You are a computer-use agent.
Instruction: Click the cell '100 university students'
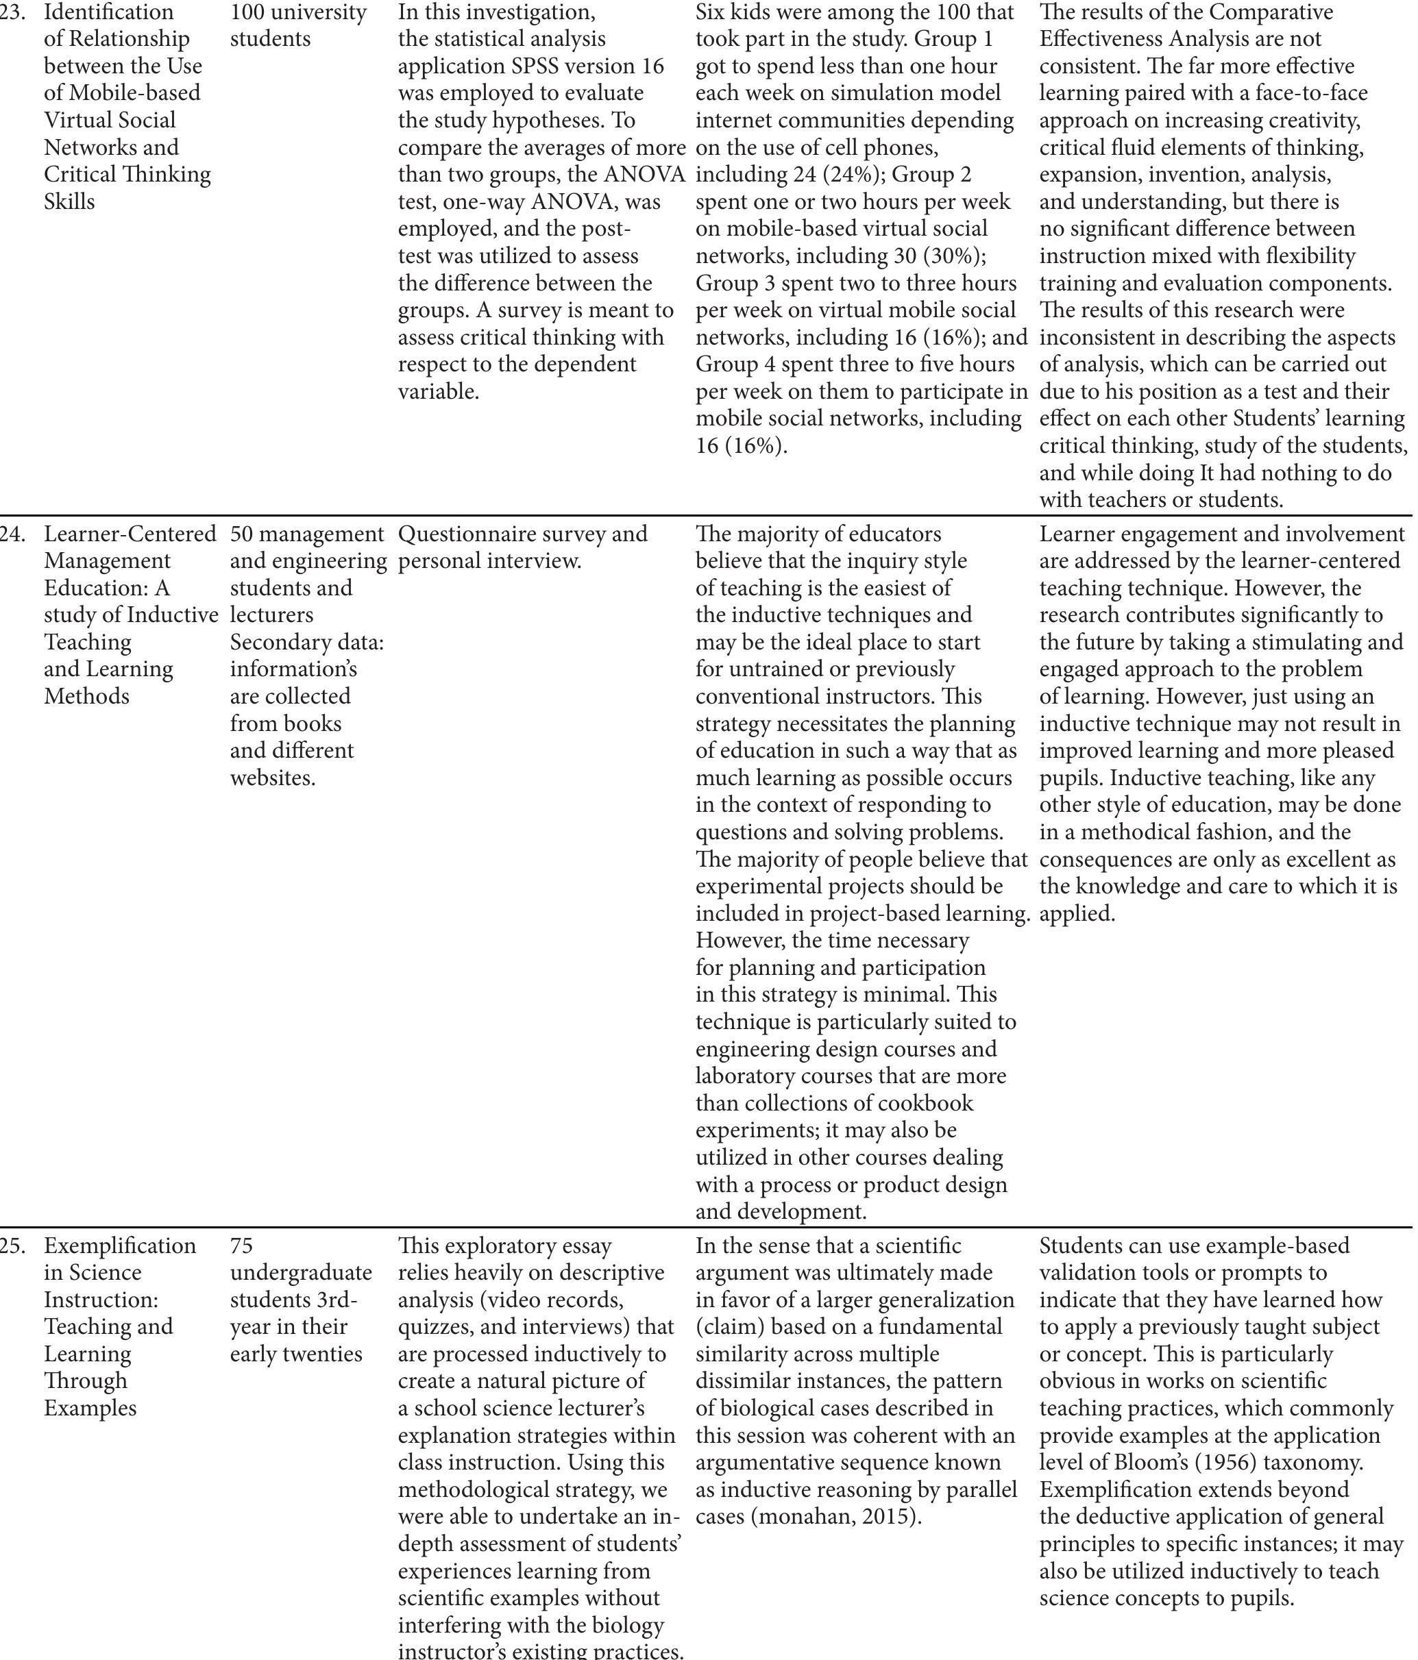tap(297, 25)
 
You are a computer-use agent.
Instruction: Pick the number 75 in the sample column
tap(241, 1246)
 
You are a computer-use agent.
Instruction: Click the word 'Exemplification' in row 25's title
tap(119, 1246)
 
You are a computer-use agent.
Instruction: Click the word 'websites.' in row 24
tap(273, 778)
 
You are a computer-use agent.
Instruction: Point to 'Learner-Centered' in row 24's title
tap(130, 534)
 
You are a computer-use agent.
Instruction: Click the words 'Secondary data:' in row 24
tap(307, 643)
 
